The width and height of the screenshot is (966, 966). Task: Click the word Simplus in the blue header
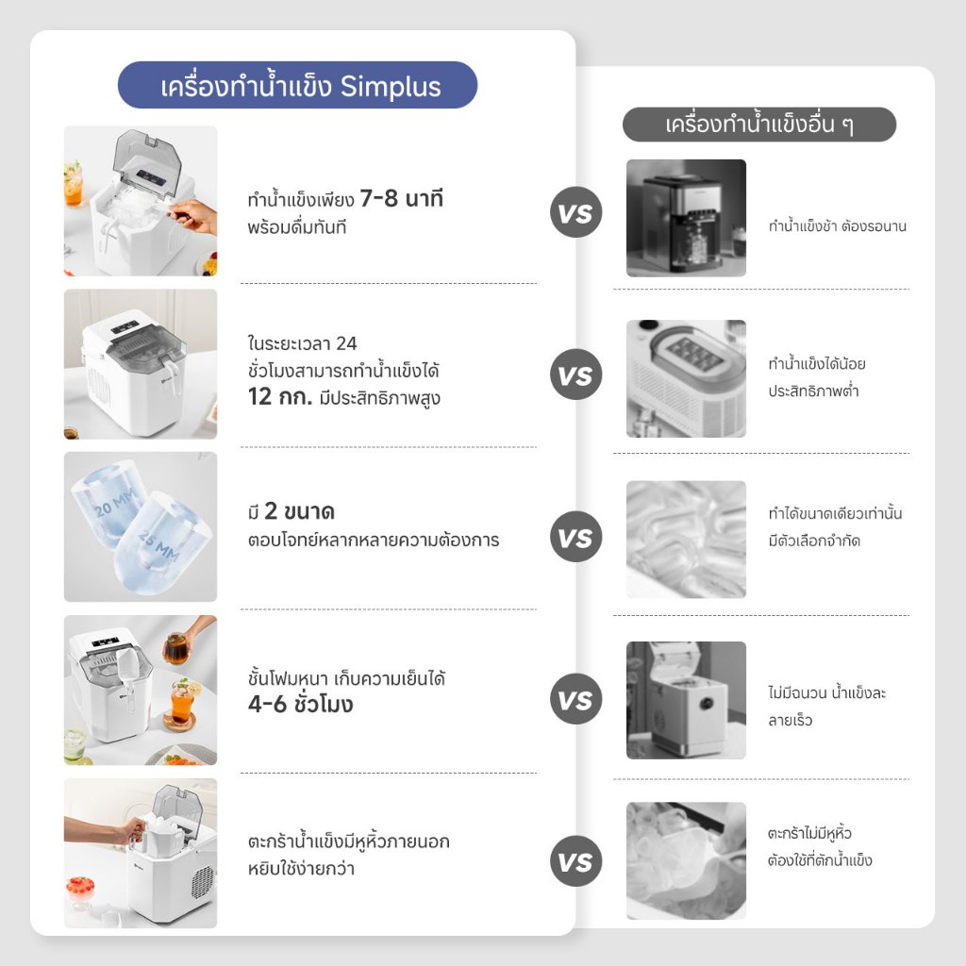point(391,87)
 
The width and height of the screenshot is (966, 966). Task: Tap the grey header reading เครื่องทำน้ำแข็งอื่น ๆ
point(759,125)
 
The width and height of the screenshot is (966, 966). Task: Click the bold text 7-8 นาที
point(401,198)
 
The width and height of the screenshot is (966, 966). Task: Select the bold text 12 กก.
point(280,397)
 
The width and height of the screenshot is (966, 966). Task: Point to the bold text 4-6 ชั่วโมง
point(301,704)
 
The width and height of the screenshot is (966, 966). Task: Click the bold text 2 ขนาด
point(299,510)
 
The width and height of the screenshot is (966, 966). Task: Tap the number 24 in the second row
point(346,343)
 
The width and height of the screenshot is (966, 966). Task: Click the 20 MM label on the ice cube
point(114,503)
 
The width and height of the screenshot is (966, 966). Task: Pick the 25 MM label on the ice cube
point(158,546)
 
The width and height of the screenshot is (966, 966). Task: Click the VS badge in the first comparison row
point(575,212)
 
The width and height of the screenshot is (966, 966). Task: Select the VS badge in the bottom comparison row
point(575,861)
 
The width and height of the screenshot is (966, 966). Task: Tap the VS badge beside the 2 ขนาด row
point(575,537)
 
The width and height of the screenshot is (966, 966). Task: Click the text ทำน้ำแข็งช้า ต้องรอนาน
point(838,226)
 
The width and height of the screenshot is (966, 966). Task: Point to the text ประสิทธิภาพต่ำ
point(813,391)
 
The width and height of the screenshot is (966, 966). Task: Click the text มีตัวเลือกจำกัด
point(814,541)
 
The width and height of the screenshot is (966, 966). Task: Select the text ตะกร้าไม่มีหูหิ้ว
point(809,833)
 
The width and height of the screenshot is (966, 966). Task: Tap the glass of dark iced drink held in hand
point(176,648)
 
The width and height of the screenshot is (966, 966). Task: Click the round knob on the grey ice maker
point(706,704)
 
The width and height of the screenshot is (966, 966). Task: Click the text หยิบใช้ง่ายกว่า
point(301,869)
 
